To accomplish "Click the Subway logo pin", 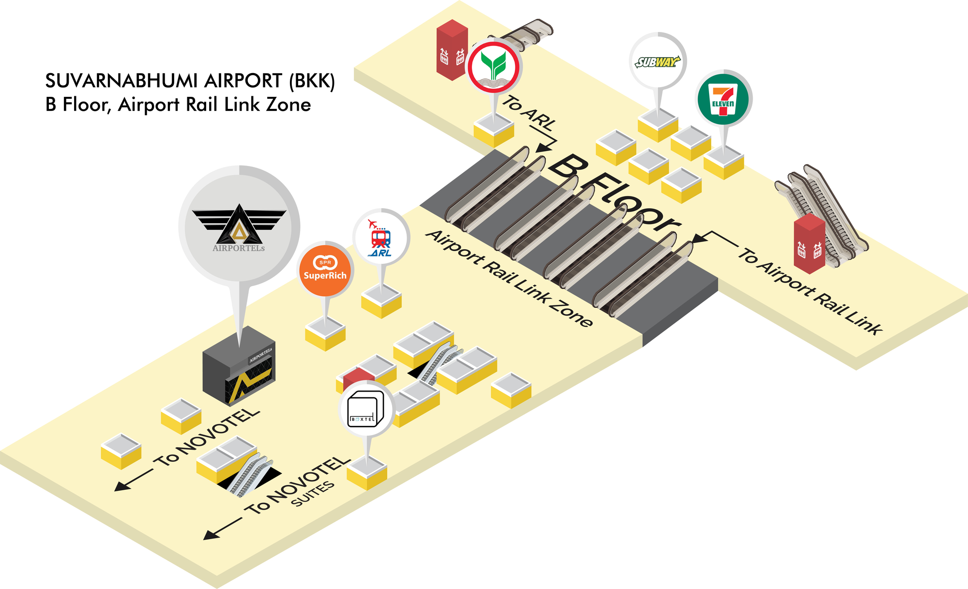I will coord(658,61).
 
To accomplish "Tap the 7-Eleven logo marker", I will coord(723,99).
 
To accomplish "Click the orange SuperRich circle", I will coord(325,269).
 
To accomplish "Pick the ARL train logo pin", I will coord(381,237).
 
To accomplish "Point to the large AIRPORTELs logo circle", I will coord(239,226).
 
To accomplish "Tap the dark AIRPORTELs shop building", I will coord(239,366).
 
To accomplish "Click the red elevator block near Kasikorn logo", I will coord(452,50).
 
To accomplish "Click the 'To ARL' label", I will coord(529,113).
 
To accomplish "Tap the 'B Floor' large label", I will coord(615,194).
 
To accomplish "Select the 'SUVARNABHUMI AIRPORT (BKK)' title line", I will coord(190,81).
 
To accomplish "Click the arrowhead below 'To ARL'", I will coord(542,148).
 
